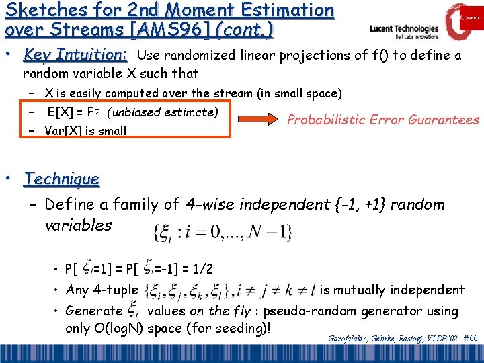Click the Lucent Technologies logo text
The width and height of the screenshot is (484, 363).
pos(404,30)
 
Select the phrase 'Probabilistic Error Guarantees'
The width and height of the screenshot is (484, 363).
pos(382,120)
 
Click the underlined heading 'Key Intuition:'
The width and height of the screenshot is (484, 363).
pos(75,55)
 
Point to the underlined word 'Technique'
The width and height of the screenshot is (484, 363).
pos(61,179)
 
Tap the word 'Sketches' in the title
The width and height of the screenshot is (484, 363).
pos(39,10)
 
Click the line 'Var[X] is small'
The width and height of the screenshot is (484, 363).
pos(85,130)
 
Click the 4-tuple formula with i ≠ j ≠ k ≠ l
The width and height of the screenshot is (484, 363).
pos(229,290)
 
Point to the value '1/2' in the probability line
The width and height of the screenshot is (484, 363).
pos(202,270)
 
